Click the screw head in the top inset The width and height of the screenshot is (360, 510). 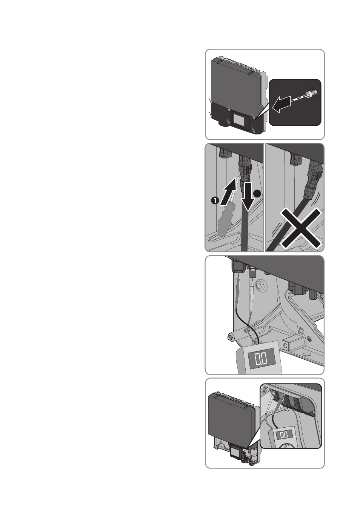click(309, 94)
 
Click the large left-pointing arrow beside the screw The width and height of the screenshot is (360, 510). click(282, 104)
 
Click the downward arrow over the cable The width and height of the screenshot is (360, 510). click(247, 196)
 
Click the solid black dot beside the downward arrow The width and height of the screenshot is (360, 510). click(257, 194)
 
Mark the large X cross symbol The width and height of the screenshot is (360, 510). click(301, 228)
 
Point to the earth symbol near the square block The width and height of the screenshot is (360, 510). click(309, 339)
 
